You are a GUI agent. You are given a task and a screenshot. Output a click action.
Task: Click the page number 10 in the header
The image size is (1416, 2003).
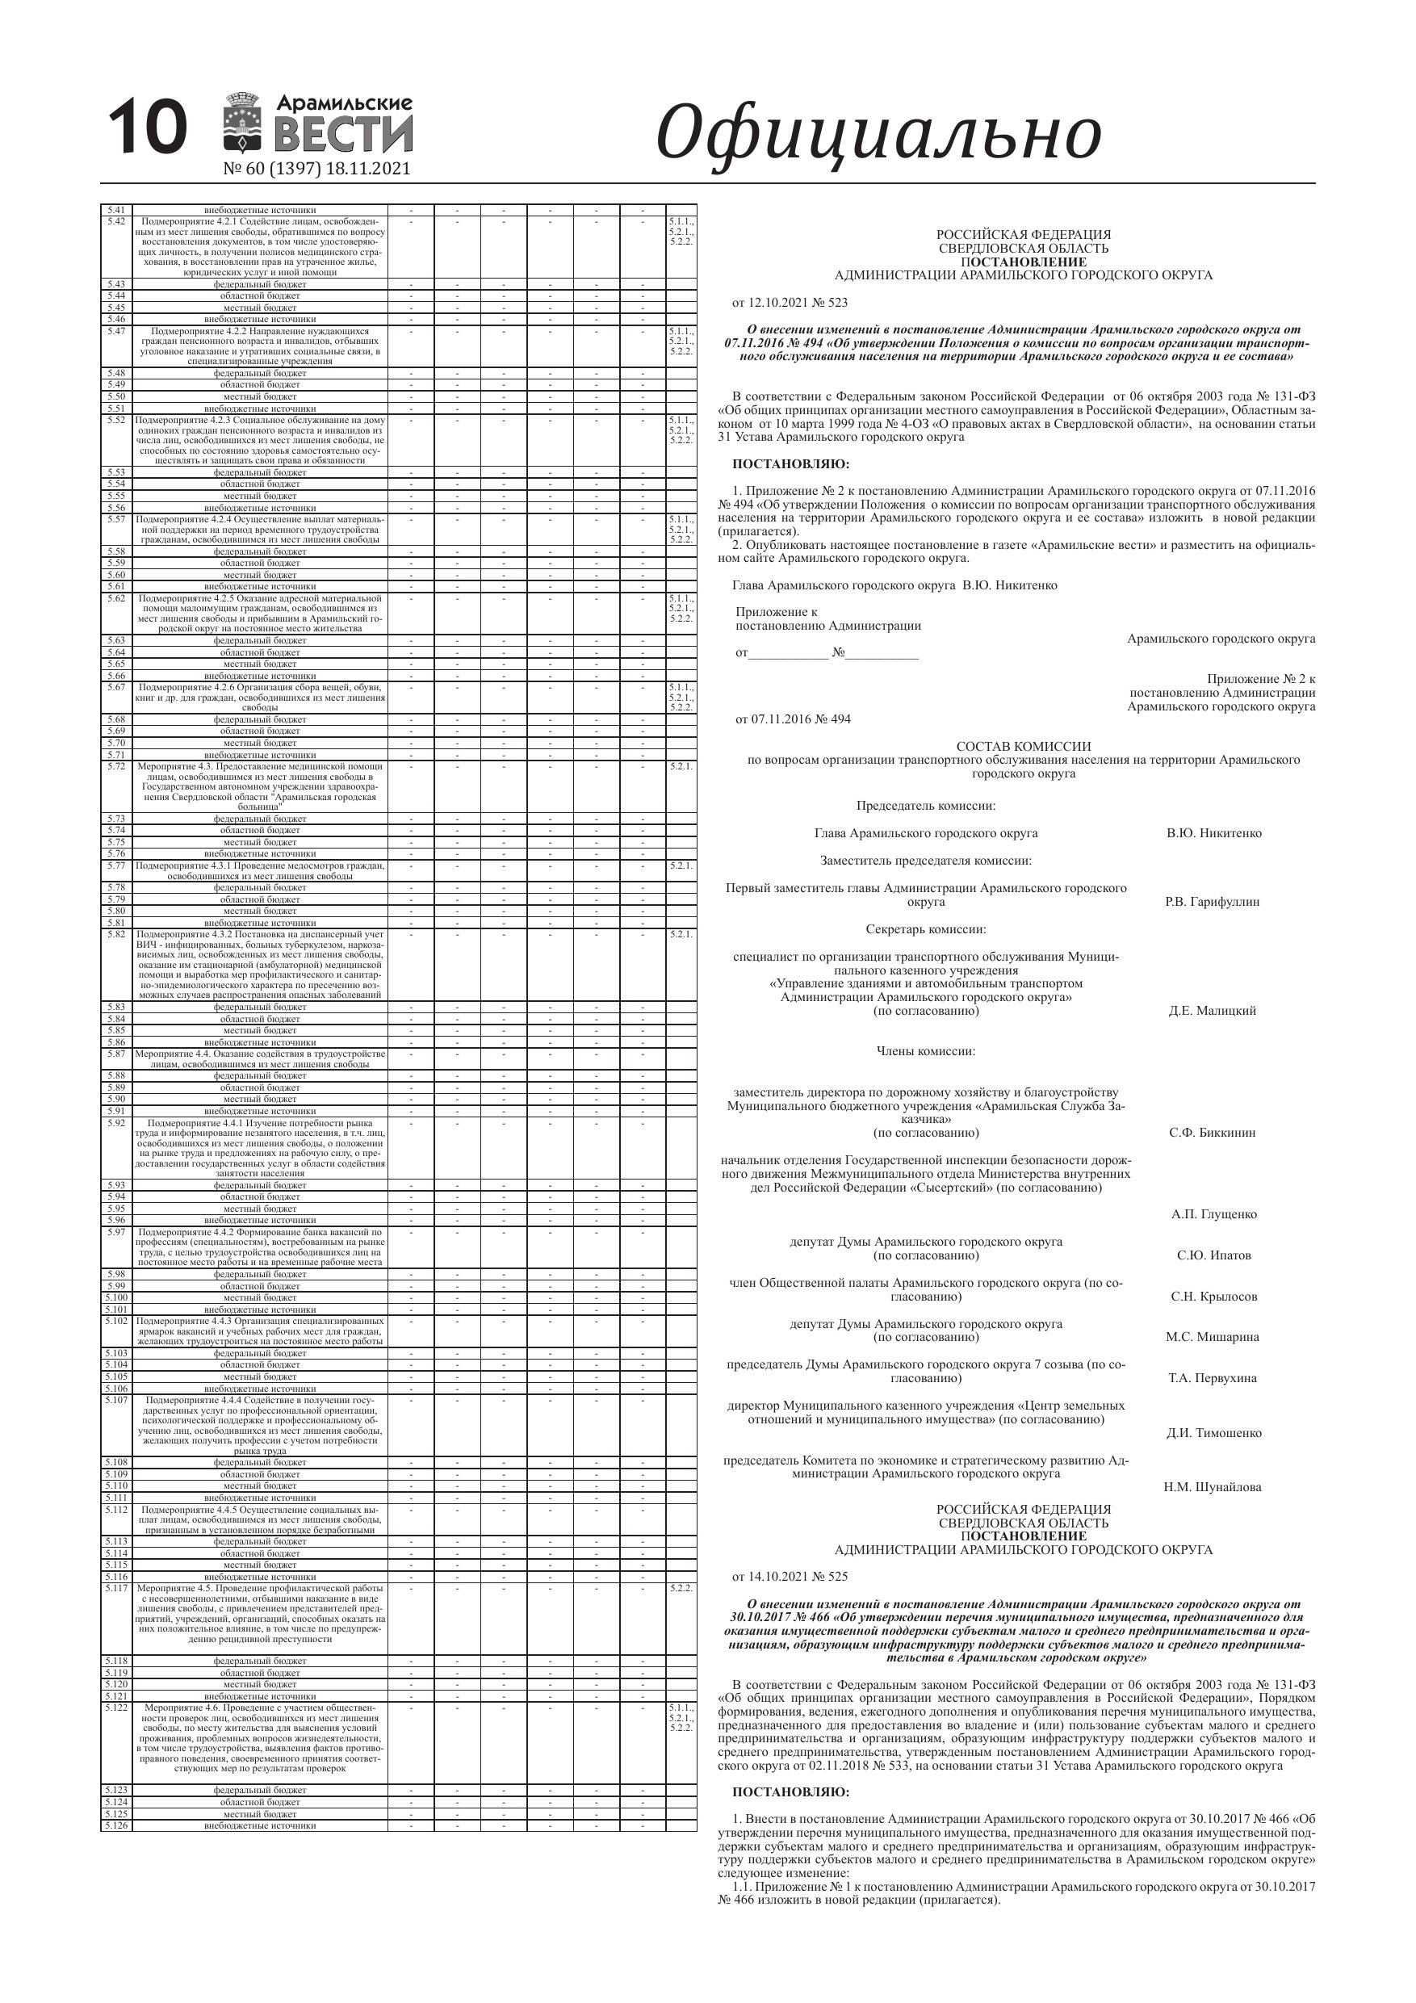coord(148,128)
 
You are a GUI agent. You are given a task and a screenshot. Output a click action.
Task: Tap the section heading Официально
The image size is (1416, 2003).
coord(878,133)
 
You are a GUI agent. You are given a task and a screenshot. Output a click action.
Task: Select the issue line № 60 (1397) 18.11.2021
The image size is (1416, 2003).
coord(316,169)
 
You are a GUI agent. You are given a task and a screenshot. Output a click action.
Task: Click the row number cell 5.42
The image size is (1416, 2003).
coord(116,221)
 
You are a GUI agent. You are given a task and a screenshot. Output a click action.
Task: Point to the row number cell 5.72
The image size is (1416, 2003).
coord(116,766)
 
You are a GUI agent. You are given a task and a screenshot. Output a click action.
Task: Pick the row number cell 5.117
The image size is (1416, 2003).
coord(116,1588)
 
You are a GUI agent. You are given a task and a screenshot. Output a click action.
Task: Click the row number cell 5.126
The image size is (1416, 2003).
coord(116,1825)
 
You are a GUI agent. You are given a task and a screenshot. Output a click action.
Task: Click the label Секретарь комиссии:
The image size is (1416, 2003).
coord(926,929)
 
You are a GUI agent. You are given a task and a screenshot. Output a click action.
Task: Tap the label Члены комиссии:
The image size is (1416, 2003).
coord(926,1050)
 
